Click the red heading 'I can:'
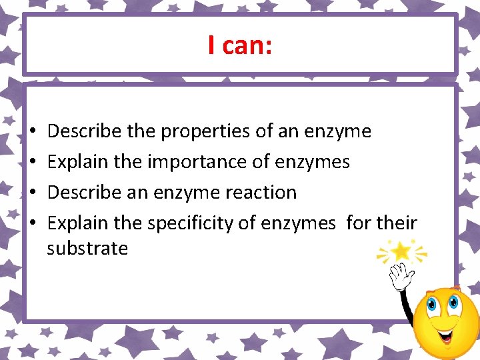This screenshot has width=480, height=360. tap(239, 45)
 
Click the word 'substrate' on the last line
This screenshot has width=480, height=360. tap(87, 249)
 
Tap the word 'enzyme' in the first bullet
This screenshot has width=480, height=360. tap(337, 131)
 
